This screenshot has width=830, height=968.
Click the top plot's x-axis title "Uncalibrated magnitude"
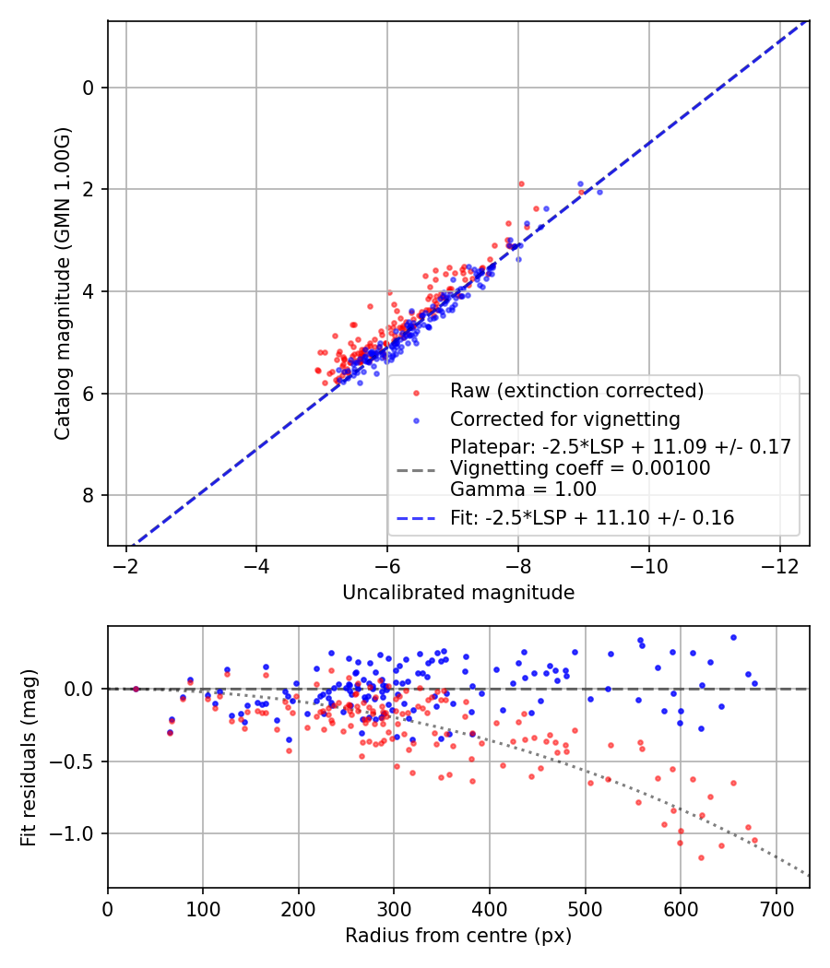[458, 592]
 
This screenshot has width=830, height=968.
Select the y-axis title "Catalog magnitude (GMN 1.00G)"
[62, 283]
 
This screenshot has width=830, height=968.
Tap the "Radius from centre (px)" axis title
[458, 936]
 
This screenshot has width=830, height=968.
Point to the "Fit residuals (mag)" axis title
[29, 757]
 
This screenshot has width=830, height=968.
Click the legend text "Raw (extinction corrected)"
[576, 391]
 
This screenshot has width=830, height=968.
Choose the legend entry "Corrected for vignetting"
[564, 419]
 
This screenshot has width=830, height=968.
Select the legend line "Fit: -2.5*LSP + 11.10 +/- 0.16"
[592, 518]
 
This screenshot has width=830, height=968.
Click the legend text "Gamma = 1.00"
[523, 490]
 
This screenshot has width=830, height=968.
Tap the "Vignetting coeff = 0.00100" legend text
[580, 468]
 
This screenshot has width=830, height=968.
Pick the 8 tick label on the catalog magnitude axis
[89, 496]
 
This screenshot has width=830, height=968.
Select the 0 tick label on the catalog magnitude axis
[89, 88]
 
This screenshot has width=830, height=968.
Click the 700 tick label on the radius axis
[776, 909]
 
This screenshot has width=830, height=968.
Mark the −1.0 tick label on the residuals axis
[77, 833]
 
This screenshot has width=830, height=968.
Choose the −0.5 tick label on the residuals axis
[77, 761]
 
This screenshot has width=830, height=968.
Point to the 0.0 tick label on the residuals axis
[81, 689]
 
